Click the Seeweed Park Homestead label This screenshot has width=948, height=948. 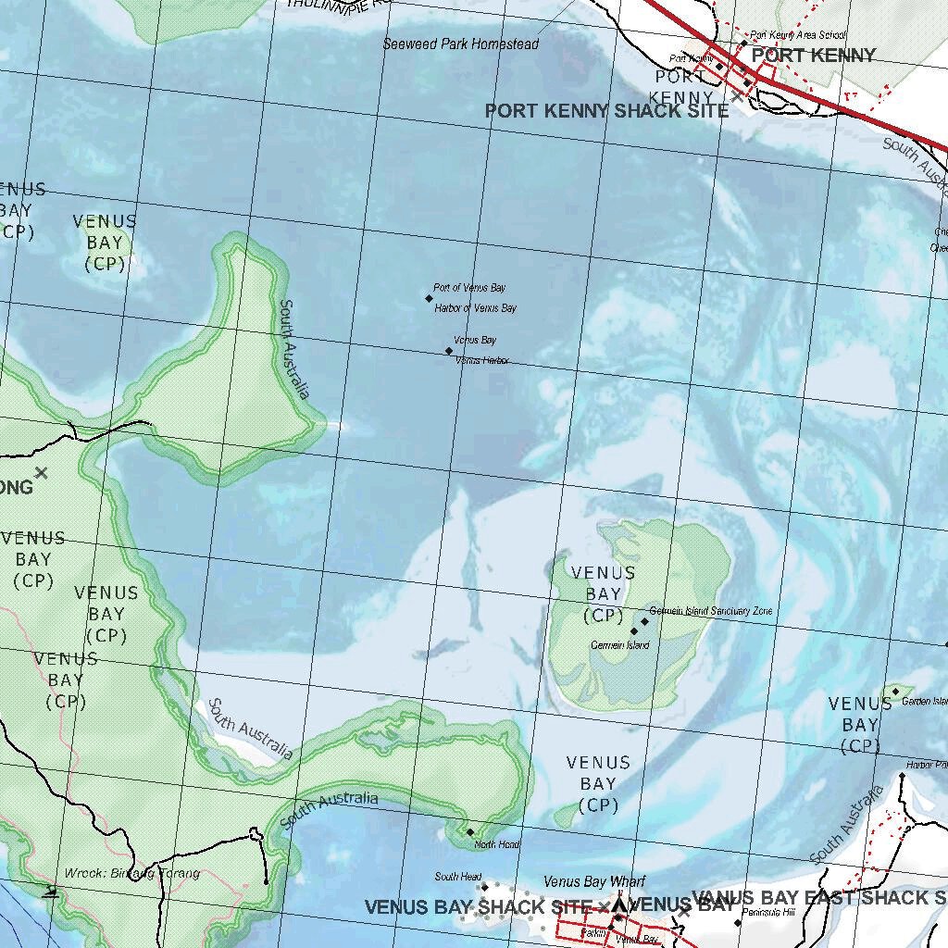click(460, 44)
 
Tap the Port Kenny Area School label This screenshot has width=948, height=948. click(797, 35)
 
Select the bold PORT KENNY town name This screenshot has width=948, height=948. click(813, 56)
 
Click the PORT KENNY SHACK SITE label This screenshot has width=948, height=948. click(606, 111)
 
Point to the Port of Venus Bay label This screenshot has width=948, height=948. click(469, 288)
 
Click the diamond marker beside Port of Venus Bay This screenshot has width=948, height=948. click(429, 298)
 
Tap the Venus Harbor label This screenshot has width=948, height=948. click(482, 360)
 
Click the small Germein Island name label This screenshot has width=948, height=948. click(619, 645)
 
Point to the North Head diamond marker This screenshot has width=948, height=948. click(470, 832)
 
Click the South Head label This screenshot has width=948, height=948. click(457, 877)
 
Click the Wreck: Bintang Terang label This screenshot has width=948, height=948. click(131, 873)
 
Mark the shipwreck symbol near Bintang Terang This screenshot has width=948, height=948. click(52, 892)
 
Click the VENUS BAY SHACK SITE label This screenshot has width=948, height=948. click(478, 907)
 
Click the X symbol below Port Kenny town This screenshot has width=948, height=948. click(737, 95)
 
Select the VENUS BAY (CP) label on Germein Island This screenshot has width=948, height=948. click(603, 594)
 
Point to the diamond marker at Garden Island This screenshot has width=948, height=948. click(895, 692)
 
